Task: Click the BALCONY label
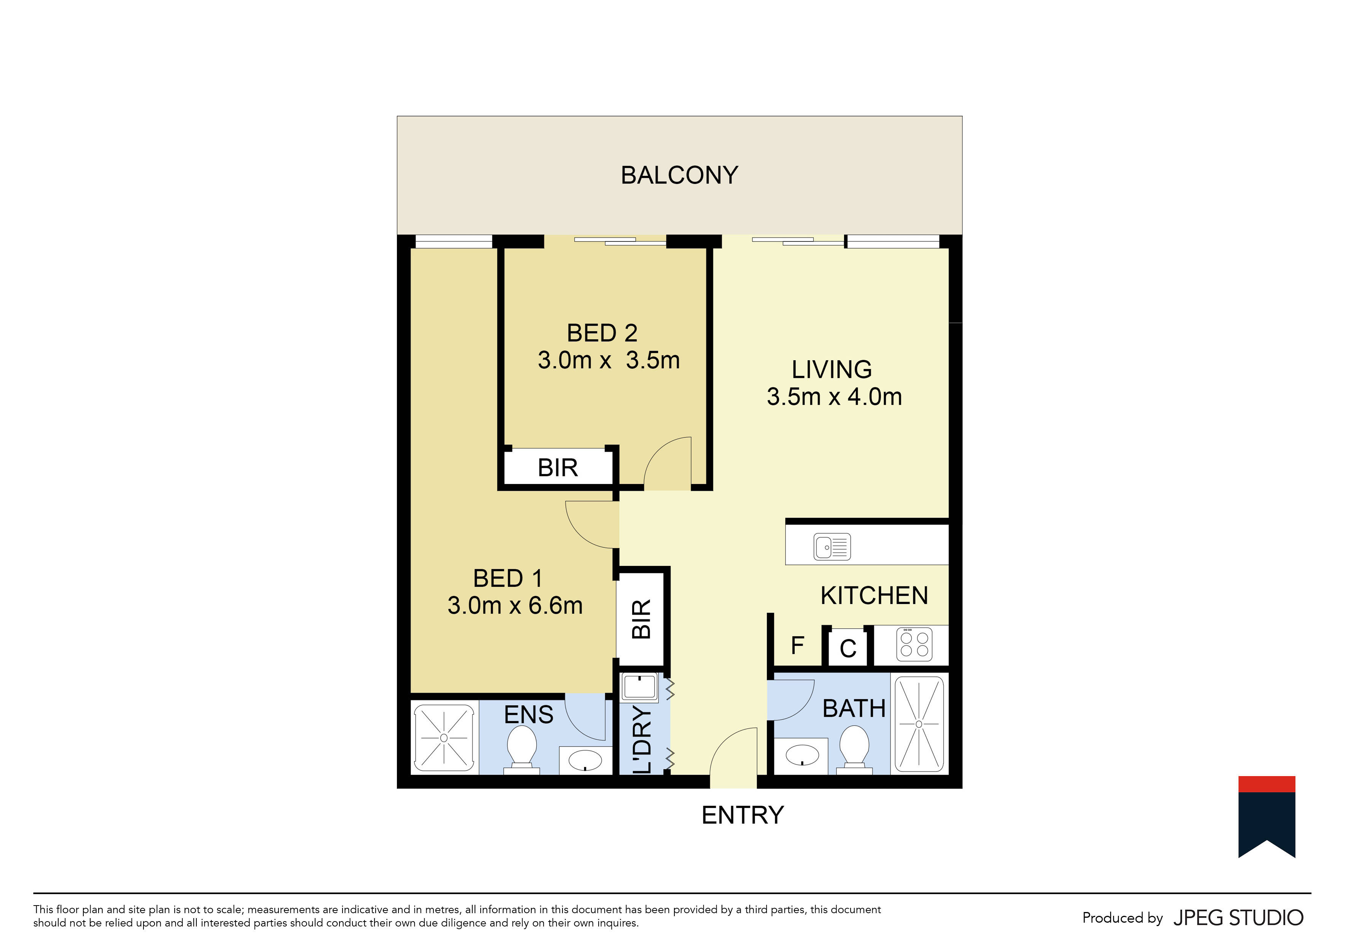679,175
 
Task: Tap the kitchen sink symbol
832,547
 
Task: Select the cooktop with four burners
914,644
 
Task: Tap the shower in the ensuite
444,738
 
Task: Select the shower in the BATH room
919,724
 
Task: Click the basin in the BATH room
802,755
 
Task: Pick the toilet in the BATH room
854,748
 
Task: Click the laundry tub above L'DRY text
639,686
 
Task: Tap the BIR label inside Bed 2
558,468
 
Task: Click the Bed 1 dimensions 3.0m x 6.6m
515,605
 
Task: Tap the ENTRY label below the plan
743,815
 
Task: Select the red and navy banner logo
1267,816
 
